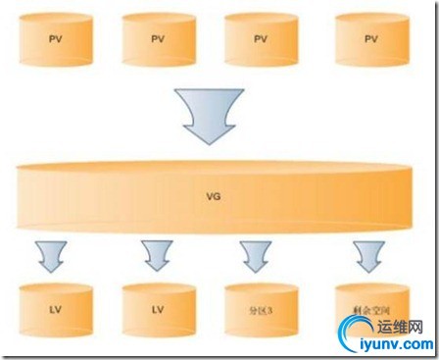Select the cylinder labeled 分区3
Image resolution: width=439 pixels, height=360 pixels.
click(x=259, y=306)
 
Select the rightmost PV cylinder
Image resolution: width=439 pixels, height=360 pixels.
click(x=370, y=39)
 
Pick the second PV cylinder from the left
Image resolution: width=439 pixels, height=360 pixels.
click(x=158, y=39)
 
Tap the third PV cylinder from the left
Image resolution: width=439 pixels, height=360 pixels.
click(x=261, y=39)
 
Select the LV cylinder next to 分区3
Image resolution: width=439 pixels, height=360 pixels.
click(x=158, y=306)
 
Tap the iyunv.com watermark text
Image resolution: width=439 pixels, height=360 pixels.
click(x=396, y=344)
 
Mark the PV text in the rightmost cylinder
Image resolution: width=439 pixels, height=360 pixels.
click(x=370, y=39)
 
